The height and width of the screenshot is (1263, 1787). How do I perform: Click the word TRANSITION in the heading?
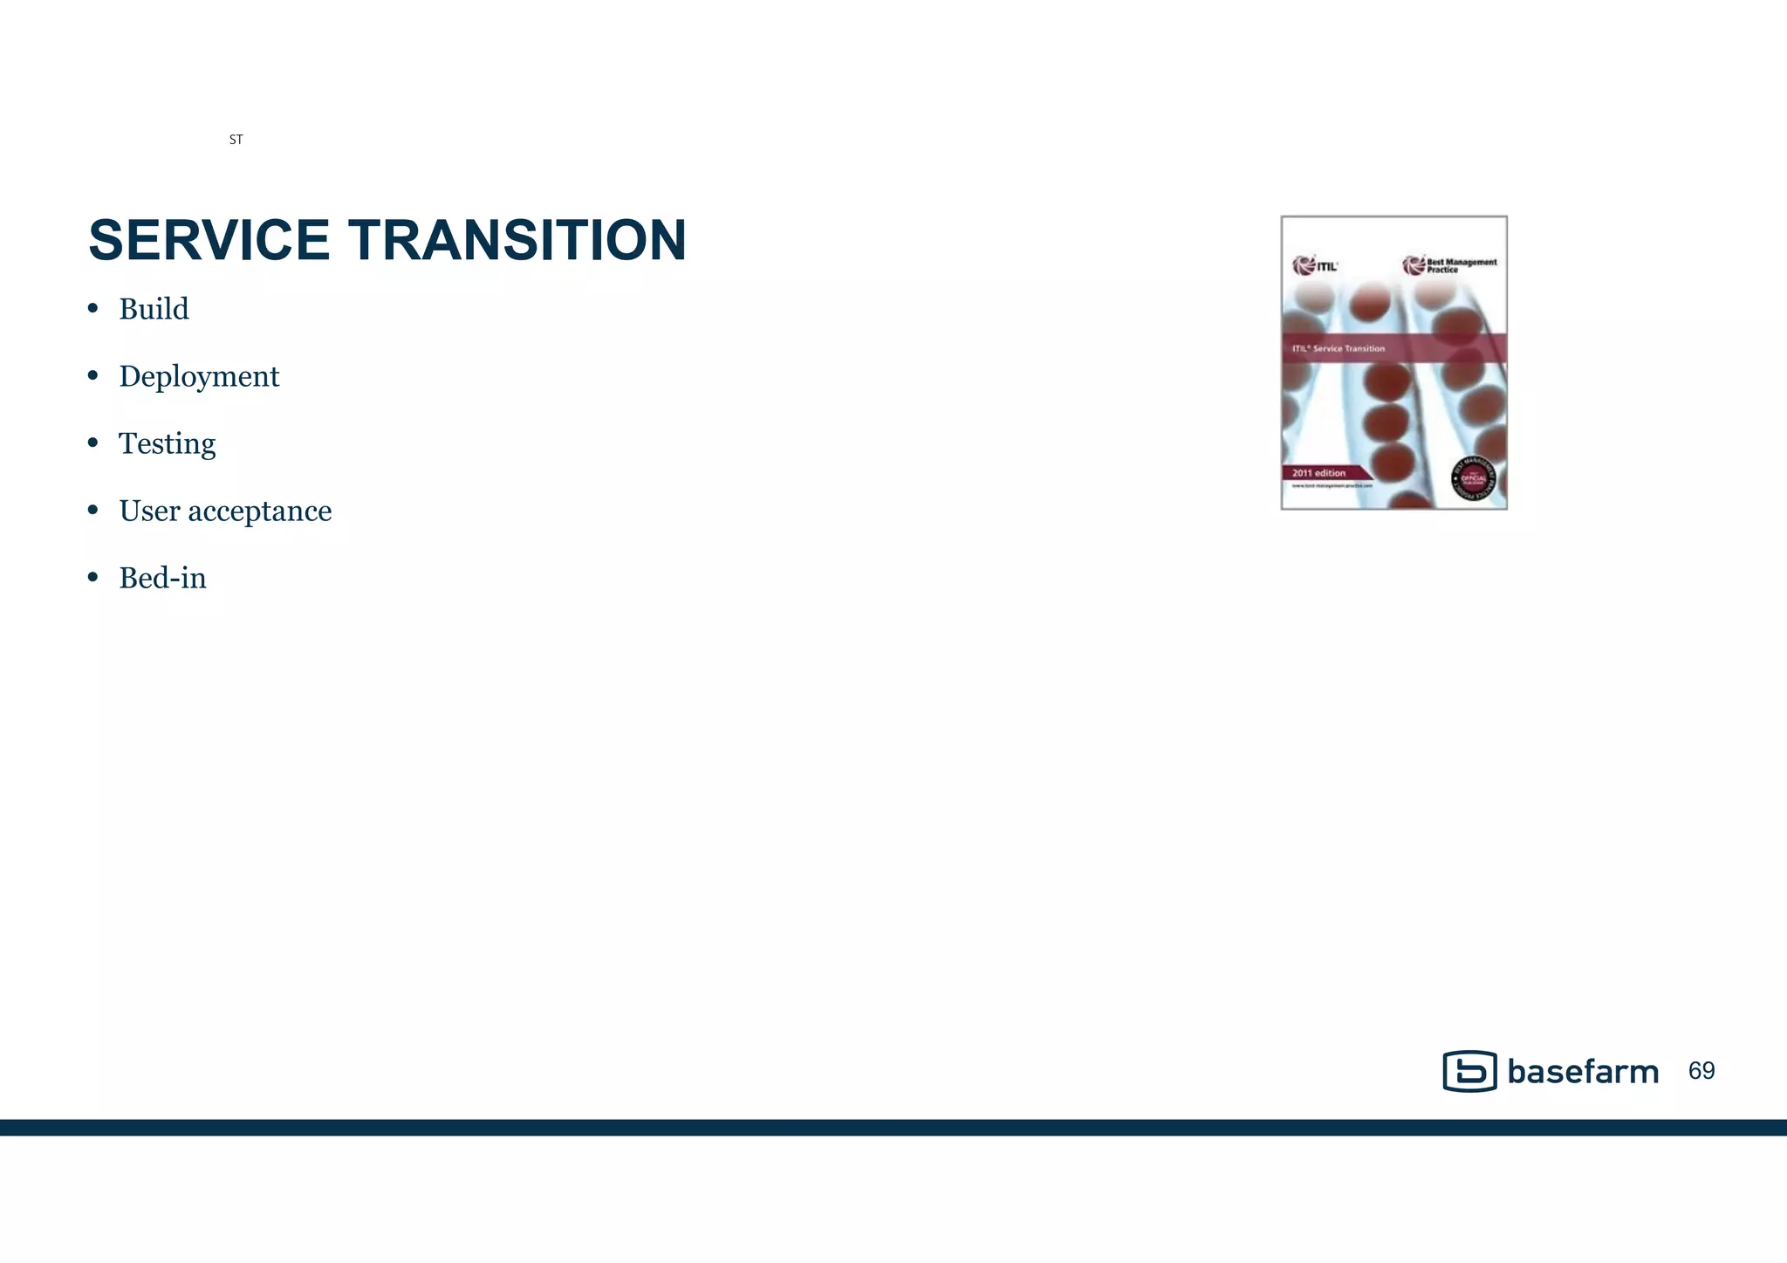coord(517,240)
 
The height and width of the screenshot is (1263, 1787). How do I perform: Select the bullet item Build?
coord(154,309)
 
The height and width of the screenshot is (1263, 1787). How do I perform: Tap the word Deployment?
coord(199,376)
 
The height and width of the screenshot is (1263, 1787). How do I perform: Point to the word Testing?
coord(167,443)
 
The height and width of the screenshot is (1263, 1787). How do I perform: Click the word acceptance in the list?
coord(260,511)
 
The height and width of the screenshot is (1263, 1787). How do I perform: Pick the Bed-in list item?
coord(162,578)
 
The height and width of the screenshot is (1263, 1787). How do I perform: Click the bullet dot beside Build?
coord(93,309)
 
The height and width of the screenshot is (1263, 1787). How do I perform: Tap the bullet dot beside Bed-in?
coord(93,578)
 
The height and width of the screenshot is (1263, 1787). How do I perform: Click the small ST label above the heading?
coord(236,140)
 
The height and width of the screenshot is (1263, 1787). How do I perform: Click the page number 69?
coord(1701,1071)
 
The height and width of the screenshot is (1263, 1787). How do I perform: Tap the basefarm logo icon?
coord(1469,1071)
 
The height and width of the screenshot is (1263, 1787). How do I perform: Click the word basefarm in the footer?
coord(1582,1072)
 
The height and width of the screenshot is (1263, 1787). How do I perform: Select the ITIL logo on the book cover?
coord(1314,265)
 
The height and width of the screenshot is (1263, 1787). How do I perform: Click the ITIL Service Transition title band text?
coord(1339,348)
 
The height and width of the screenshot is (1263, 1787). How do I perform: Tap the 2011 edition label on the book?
coord(1318,473)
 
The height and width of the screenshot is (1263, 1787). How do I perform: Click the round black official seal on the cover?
coord(1473,478)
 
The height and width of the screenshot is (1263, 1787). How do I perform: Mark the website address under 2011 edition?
coord(1332,486)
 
